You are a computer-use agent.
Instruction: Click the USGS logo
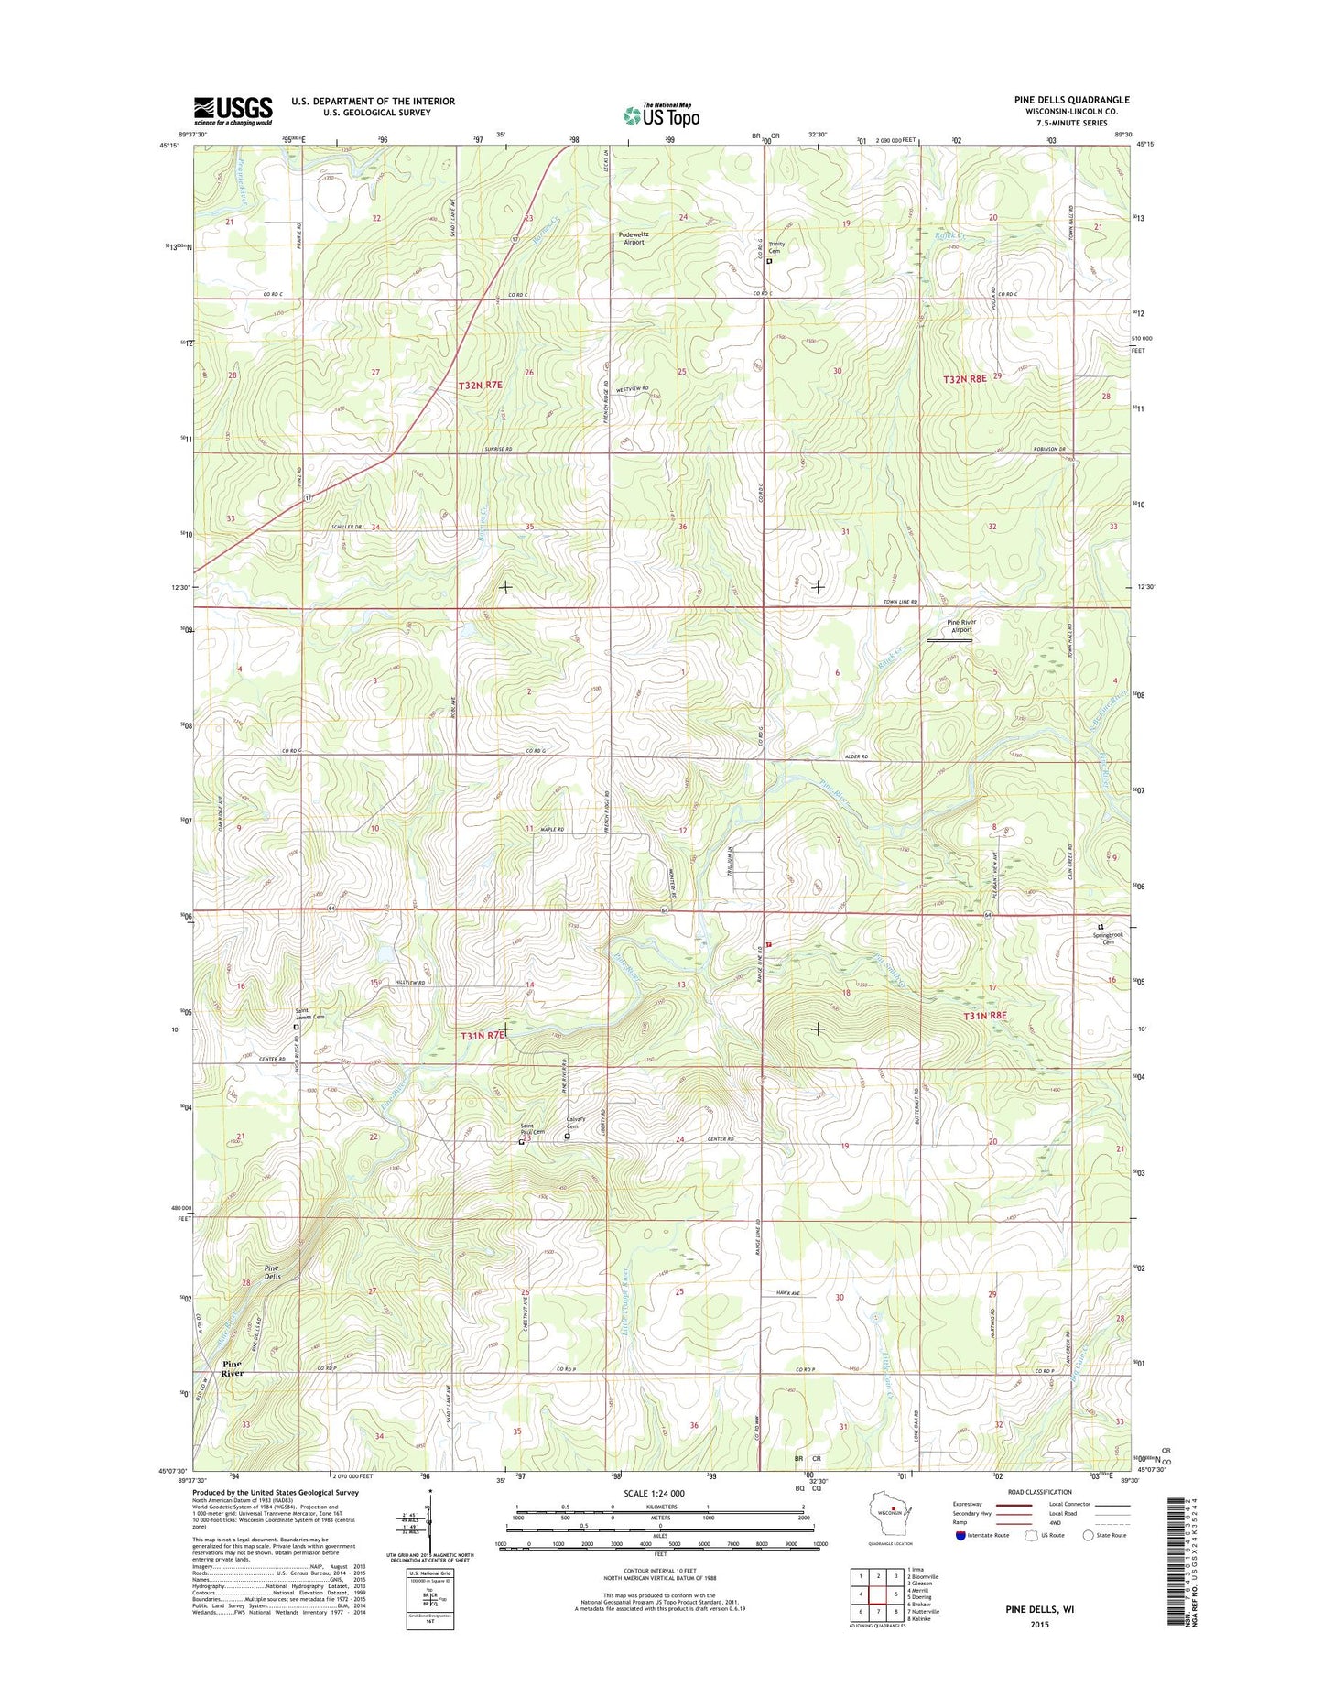tap(233, 111)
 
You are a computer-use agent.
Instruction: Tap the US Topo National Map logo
tap(661, 114)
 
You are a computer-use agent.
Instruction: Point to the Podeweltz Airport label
tap(628, 238)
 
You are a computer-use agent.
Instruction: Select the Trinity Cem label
tap(775, 247)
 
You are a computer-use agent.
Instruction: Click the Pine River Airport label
tap(960, 626)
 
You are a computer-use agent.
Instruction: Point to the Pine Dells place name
tap(266, 1270)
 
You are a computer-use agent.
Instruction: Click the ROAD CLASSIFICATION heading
tap(1040, 1492)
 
